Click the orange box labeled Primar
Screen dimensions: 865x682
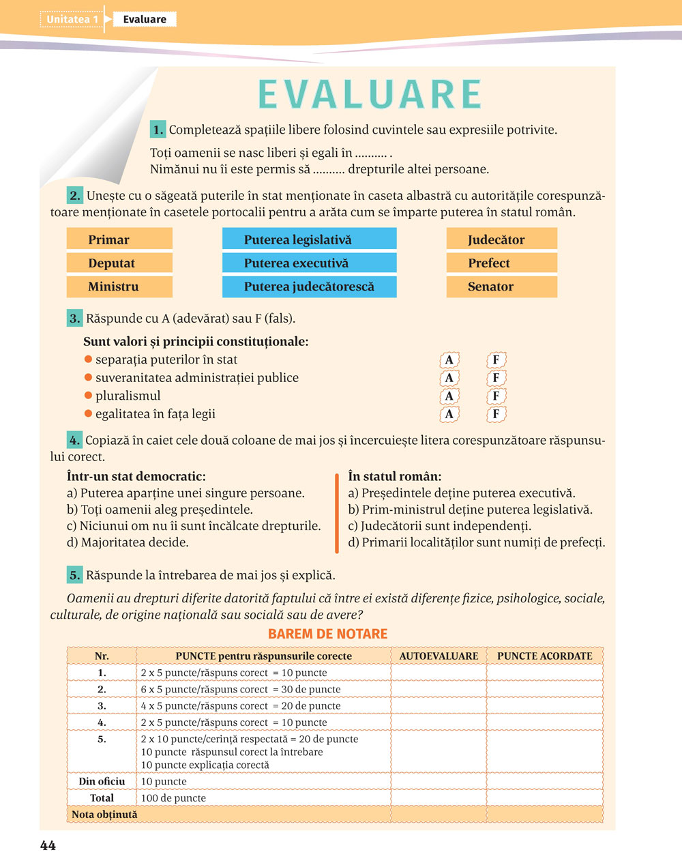[x=119, y=239]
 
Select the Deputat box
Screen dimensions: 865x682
[x=119, y=263]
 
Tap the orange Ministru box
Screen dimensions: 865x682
[x=119, y=287]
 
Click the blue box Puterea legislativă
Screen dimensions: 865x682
[x=309, y=239]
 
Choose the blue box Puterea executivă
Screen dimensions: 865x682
[x=309, y=263]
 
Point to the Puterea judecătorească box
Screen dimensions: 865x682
[x=309, y=287]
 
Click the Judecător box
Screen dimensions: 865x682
[x=501, y=239]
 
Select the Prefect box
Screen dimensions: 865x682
[x=501, y=263]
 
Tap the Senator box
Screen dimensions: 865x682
[x=501, y=287]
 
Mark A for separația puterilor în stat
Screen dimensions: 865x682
[x=449, y=360]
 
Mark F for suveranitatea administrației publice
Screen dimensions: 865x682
[x=496, y=378]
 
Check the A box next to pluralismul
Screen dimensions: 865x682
[x=449, y=396]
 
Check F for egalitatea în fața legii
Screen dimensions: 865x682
[x=496, y=414]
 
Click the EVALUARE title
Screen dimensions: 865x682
[x=370, y=95]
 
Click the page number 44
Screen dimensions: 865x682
[x=48, y=846]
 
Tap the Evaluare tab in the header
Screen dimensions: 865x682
[x=145, y=19]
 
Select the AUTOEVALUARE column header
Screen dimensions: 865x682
[x=439, y=656]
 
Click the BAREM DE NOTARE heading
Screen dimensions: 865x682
[x=327, y=634]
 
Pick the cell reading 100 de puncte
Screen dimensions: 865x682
[x=173, y=798]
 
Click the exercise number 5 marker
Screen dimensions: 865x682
[x=74, y=575]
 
